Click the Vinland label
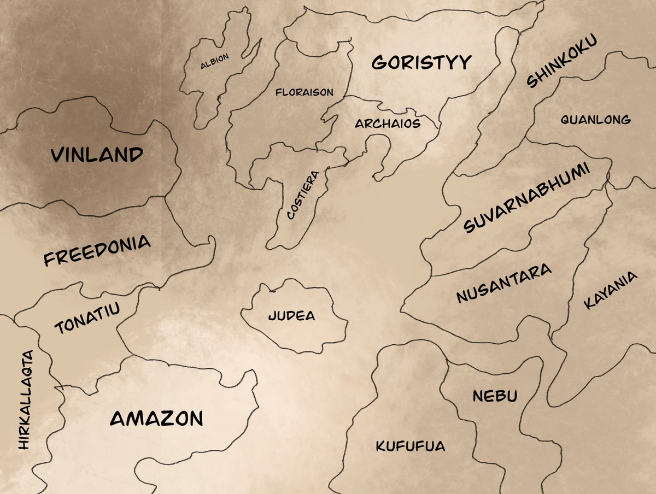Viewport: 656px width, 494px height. point(97,155)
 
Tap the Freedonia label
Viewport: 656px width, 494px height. point(97,250)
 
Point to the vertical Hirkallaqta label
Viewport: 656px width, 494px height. point(26,399)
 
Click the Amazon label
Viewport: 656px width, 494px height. point(156,419)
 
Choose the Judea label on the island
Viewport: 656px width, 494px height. point(291,316)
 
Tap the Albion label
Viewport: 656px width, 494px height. point(214,61)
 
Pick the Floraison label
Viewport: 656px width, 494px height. point(304,92)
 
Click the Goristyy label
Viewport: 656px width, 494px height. point(421,62)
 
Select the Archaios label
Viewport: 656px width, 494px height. point(388,123)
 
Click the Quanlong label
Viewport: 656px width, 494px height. point(595,120)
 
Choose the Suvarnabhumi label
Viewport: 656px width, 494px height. point(527,198)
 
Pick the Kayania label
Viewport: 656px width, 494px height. point(610,290)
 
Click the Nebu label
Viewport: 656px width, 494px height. point(495,396)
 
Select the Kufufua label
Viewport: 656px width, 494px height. point(410,446)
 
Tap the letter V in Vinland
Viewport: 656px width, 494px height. point(58,155)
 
